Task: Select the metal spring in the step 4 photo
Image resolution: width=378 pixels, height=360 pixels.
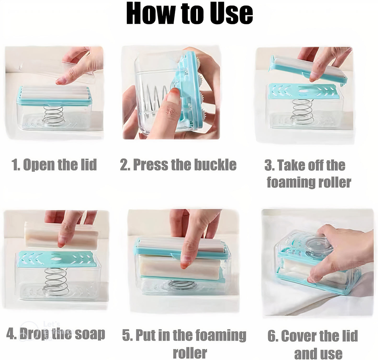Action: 55,281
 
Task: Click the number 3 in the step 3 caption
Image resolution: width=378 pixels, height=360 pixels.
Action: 269,166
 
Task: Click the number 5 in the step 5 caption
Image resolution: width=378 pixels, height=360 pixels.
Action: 127,335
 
